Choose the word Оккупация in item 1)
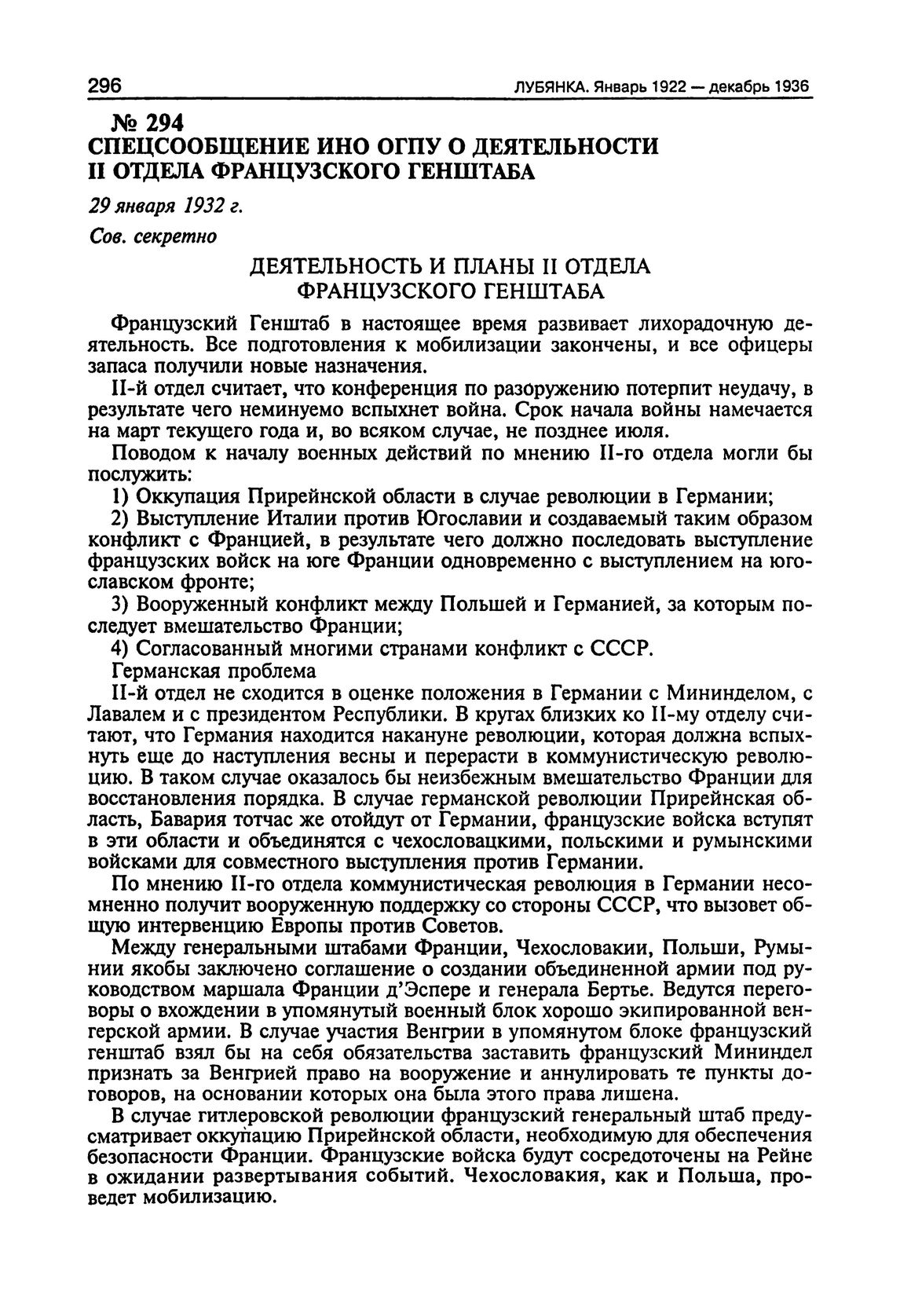pyautogui.click(x=188, y=496)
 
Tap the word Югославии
pyautogui.click(x=469, y=518)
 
